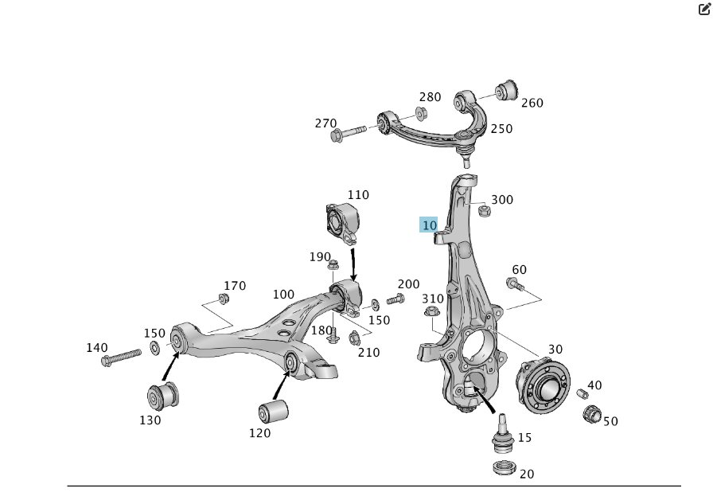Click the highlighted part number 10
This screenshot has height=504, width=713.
click(429, 225)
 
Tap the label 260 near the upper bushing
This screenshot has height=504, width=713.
click(532, 103)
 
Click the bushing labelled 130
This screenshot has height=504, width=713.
click(164, 395)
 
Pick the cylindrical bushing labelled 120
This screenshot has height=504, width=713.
click(273, 412)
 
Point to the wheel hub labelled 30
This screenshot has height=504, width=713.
click(543, 388)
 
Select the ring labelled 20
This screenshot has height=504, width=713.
click(503, 467)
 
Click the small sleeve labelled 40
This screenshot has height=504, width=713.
click(582, 393)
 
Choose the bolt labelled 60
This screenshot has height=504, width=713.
click(515, 283)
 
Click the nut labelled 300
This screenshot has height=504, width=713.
click(483, 210)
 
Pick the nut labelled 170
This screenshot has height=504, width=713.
click(224, 299)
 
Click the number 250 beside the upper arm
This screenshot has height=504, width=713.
click(501, 129)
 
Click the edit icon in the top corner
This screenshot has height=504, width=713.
click(703, 10)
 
